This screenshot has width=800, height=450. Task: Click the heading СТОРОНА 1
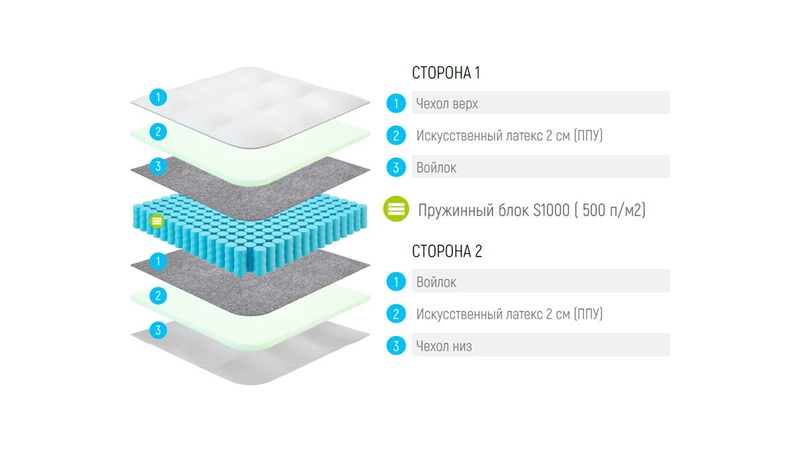coord(446,73)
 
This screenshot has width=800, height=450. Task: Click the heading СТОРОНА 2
coord(447,251)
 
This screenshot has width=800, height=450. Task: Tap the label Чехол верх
coord(447,103)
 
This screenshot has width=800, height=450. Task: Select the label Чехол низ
coord(444,346)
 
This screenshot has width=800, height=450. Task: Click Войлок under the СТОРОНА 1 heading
coord(436,167)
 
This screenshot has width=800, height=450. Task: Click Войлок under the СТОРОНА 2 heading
coord(436,282)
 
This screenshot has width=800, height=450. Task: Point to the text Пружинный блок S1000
coord(493,210)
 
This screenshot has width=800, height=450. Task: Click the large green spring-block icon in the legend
coord(396,209)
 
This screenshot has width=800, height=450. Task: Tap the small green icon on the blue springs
coord(157,221)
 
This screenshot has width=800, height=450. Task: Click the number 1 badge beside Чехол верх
coord(396,103)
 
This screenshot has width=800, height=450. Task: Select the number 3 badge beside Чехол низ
coord(396,346)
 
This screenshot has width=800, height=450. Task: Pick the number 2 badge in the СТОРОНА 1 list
coord(396,135)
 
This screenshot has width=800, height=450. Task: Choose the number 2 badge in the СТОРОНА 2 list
coord(396,313)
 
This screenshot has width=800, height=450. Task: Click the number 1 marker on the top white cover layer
coord(158,97)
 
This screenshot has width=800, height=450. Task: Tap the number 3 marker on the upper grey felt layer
coord(158,167)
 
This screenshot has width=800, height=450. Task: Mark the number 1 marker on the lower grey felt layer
coord(158,261)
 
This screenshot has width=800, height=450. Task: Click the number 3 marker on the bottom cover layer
coord(158,331)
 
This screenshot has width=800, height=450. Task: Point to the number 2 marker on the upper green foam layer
coord(158,132)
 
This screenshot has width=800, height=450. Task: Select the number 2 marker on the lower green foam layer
coord(158,296)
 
